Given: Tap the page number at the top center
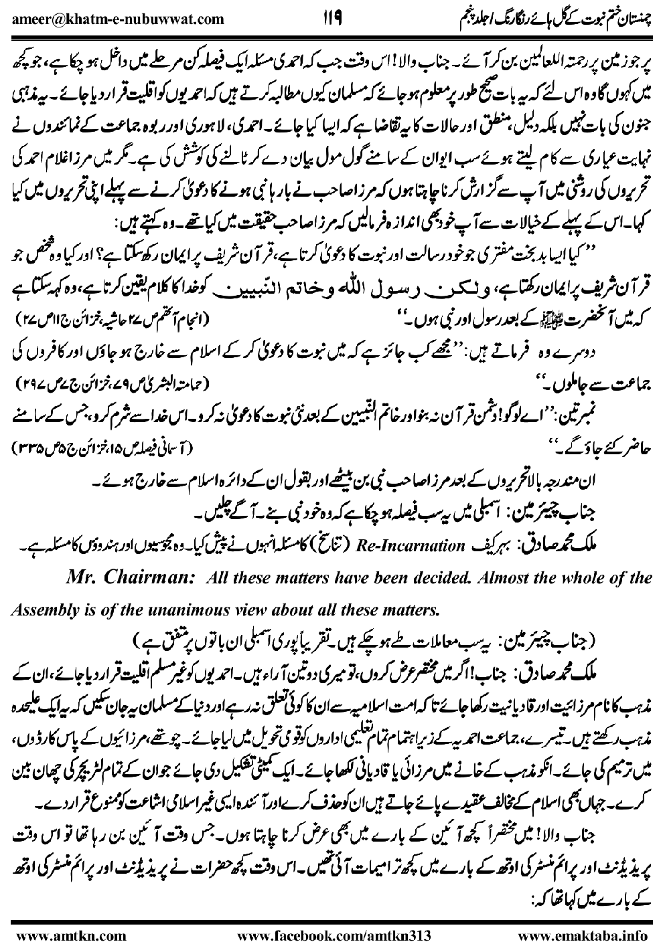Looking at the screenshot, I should tap(332, 16).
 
